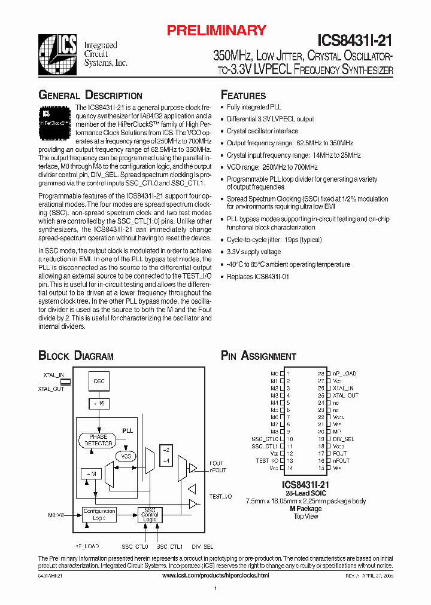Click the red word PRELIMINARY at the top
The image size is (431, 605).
(216, 30)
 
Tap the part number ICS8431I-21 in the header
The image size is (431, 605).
(354, 40)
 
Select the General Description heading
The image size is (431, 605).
(90, 96)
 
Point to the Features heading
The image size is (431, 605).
(244, 96)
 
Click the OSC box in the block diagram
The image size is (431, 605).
(99, 380)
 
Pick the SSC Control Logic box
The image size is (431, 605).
(150, 515)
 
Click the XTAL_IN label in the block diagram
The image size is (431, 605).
(53, 374)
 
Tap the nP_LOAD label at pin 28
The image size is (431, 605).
(344, 374)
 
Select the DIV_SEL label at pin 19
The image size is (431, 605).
(344, 439)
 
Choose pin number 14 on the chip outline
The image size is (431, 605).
(289, 468)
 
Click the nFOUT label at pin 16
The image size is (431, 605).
(341, 461)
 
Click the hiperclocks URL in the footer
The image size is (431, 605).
(215, 575)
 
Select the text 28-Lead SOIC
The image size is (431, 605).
(305, 493)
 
